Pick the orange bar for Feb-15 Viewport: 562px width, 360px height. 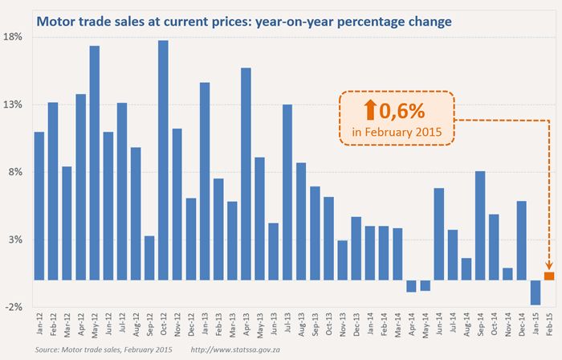(x=549, y=276)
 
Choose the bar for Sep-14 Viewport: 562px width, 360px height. (x=480, y=226)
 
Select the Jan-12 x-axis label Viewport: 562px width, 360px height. (x=39, y=325)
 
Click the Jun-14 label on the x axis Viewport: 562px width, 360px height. (x=439, y=325)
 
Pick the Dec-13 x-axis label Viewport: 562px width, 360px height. (x=356, y=325)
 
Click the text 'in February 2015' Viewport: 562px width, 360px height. (x=397, y=130)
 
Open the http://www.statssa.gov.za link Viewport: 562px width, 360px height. (x=239, y=350)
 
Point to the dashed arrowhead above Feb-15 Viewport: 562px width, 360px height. (x=549, y=266)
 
